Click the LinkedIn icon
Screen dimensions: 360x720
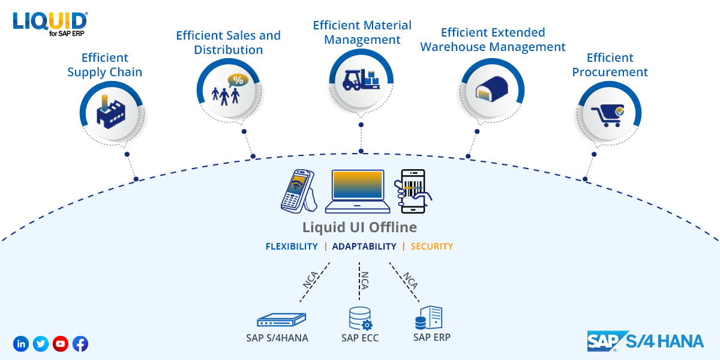21,344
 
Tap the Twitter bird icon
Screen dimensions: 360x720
41,344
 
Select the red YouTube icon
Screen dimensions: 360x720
61,344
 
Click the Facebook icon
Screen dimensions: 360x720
80,344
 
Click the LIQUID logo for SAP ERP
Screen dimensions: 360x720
50,23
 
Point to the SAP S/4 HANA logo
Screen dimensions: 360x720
645,341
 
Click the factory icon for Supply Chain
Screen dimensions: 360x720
110,112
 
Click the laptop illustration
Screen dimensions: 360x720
358,191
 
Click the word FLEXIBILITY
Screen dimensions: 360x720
292,247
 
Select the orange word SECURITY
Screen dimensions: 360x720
432,247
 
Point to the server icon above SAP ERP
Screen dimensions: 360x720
429,317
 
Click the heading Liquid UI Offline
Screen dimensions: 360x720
359,227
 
